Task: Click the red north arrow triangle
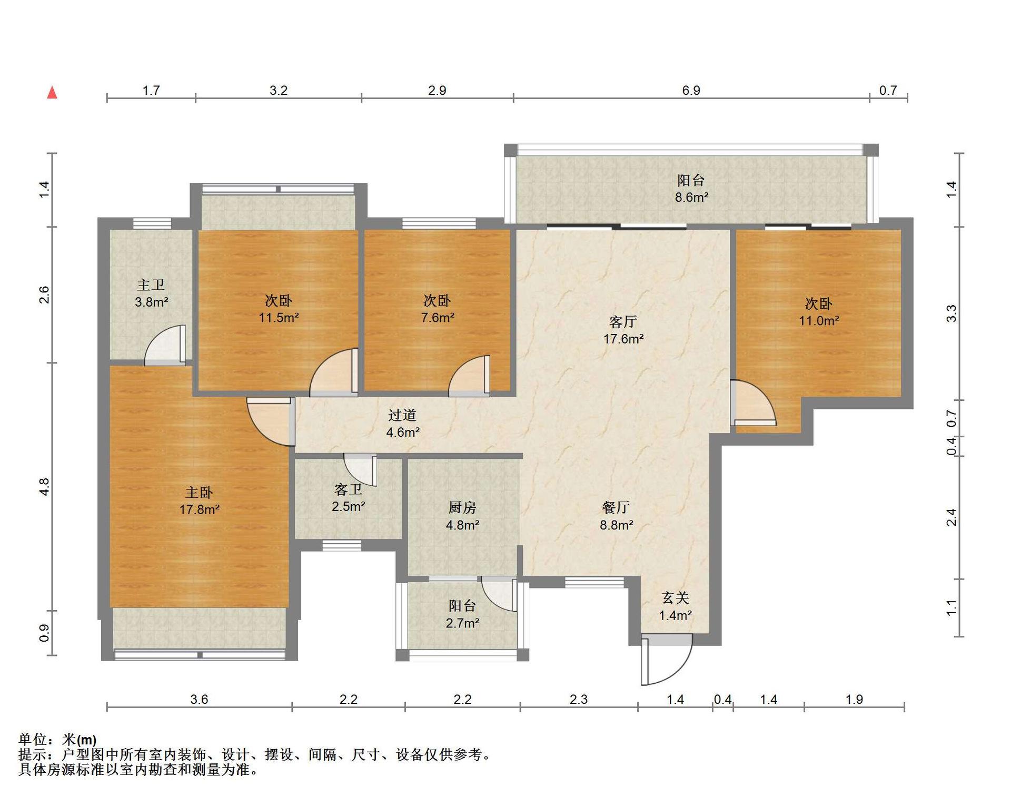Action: [x=52, y=93]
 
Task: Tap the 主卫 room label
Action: [x=151, y=285]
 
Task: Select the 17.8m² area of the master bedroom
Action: [x=199, y=509]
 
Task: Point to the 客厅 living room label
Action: [x=623, y=321]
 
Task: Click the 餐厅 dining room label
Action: [x=616, y=507]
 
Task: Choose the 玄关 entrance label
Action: [x=676, y=598]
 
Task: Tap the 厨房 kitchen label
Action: [x=462, y=507]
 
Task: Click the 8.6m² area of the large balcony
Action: [x=691, y=198]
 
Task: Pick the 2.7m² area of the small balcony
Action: [x=462, y=623]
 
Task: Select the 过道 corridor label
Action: [x=402, y=415]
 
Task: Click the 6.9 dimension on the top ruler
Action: [x=691, y=91]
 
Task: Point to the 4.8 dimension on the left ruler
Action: [x=44, y=486]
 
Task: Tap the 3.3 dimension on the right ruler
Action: [x=951, y=313]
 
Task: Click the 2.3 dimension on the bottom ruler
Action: [x=578, y=699]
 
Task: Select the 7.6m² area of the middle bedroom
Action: [x=438, y=318]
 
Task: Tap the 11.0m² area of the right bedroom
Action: [x=819, y=320]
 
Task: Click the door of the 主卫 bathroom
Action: [x=165, y=345]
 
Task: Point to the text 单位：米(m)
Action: [x=58, y=740]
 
